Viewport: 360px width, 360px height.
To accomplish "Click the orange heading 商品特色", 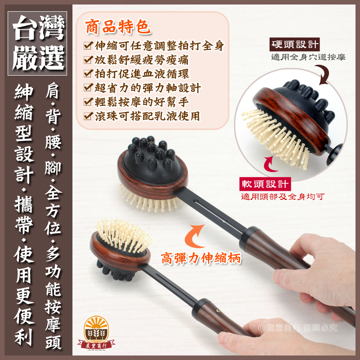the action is coord(118,27).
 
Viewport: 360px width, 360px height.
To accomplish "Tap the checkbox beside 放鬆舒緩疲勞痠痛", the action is coord(88,60).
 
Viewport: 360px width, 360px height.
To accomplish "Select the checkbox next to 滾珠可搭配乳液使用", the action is coord(88,116).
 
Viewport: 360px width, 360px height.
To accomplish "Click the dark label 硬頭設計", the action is coord(295,44).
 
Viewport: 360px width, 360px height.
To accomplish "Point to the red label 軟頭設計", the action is coord(265,184).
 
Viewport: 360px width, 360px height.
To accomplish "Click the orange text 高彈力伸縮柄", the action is coord(201,258).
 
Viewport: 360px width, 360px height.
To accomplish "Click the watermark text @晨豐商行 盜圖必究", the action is coord(297,328).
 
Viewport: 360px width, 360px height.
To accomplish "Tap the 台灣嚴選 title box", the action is coord(37,43).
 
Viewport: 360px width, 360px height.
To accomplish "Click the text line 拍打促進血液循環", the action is coord(142,74).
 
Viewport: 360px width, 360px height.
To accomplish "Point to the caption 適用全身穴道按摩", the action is coord(308,57).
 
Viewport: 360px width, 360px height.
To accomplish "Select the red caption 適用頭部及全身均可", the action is coord(283,197).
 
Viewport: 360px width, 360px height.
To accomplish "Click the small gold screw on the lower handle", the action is coord(218,311).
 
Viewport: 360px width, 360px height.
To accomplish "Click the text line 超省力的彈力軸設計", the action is coord(148,88).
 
